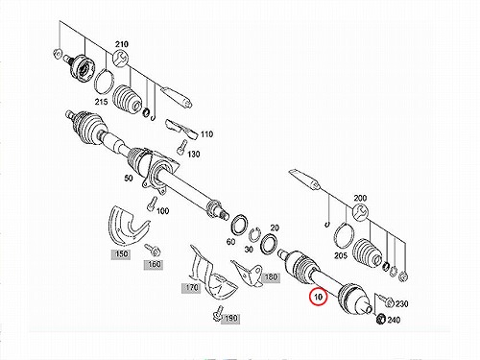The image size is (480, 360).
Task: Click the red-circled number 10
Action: coord(318,297)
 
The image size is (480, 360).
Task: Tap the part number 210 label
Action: coord(121,44)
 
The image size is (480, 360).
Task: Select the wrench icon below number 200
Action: coord(361,211)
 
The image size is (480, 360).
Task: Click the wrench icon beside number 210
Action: coord(121,59)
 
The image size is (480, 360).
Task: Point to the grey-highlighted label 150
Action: coord(121,254)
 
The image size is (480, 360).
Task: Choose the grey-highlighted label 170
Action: coord(191,288)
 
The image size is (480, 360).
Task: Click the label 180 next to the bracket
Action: coord(271,277)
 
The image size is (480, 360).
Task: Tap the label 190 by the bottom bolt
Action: coord(230,319)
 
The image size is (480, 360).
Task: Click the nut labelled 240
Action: coord(380,319)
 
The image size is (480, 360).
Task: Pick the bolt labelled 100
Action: coord(152,204)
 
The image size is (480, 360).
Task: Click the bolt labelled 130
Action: coord(181,147)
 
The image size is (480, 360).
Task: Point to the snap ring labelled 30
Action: coord(254,236)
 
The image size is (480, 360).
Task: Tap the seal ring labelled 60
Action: coord(239,226)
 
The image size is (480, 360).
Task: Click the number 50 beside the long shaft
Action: coord(129,178)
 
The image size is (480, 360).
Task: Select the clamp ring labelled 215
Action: coord(104,80)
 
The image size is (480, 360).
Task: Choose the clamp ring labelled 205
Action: coord(344,236)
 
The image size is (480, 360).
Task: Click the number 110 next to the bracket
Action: coord(206,134)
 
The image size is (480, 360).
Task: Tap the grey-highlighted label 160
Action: coord(154,265)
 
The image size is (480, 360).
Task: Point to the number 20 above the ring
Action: coord(275,228)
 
